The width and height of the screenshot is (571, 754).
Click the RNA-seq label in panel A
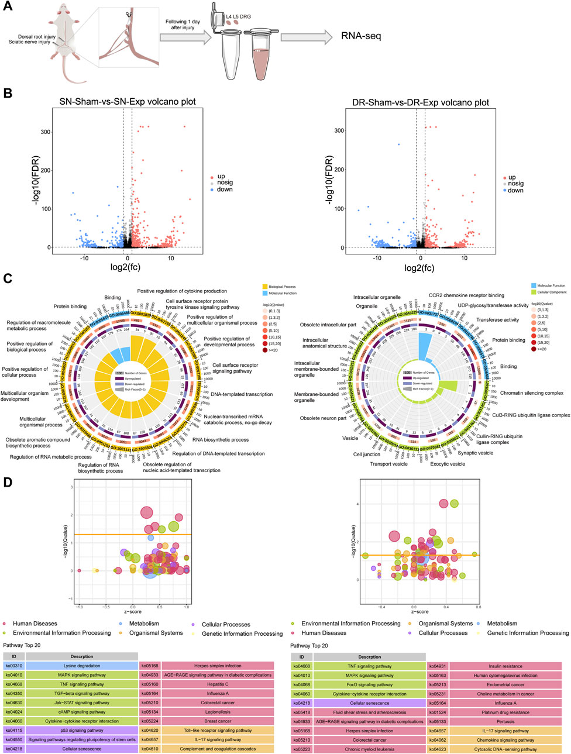tap(361, 36)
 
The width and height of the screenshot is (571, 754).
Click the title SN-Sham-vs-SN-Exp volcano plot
tap(128, 102)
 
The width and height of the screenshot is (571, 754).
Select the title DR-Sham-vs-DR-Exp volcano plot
tap(421, 102)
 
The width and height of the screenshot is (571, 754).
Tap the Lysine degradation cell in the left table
tap(81, 666)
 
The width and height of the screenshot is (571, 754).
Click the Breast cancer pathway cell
tap(217, 721)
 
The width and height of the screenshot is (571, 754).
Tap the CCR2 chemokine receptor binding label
tap(466, 295)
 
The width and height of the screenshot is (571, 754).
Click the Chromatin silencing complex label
tap(531, 393)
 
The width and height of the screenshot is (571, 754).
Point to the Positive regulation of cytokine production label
tap(182, 291)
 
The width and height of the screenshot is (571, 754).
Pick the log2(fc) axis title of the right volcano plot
tap(420, 268)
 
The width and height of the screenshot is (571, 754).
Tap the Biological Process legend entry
tap(282, 287)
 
